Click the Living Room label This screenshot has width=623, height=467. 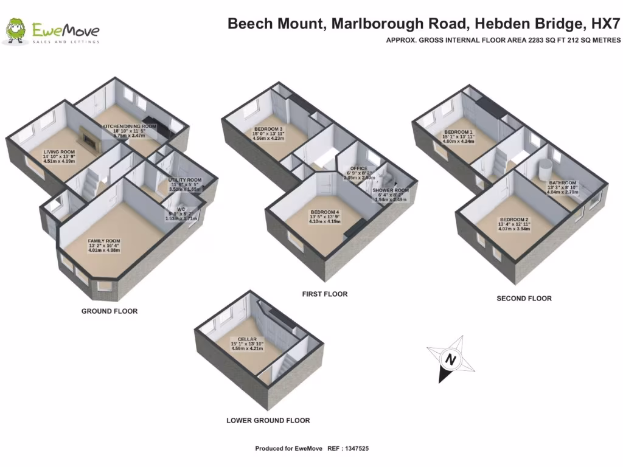pos(59,152)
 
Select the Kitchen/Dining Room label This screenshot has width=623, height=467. pos(129,126)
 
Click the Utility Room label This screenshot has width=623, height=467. pos(184,180)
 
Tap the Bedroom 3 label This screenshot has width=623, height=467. pos(268,129)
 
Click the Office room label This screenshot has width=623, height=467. pos(358,168)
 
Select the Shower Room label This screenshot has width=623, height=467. pos(391,190)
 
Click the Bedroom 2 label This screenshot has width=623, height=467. pos(514,220)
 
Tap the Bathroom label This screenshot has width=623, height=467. pos(562,182)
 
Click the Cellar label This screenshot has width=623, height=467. pos(247,339)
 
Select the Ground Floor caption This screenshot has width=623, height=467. pos(110,311)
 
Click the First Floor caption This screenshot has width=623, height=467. pos(325,294)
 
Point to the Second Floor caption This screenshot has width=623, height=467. pos(524,299)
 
